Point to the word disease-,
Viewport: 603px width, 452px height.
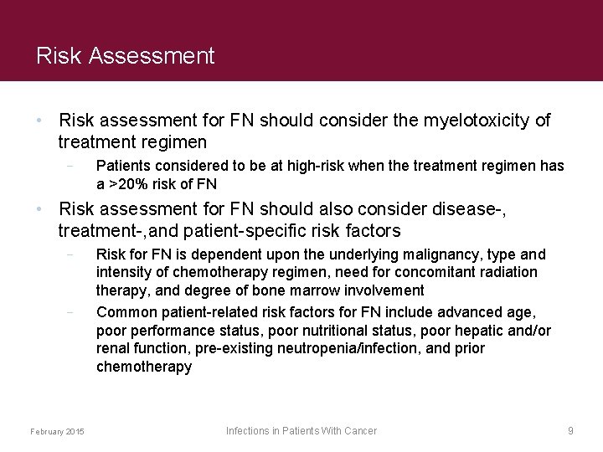tap(467, 208)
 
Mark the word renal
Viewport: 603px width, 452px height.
tap(114, 348)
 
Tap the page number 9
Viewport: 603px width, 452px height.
tap(570, 430)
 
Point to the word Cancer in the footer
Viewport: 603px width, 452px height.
tap(359, 430)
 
